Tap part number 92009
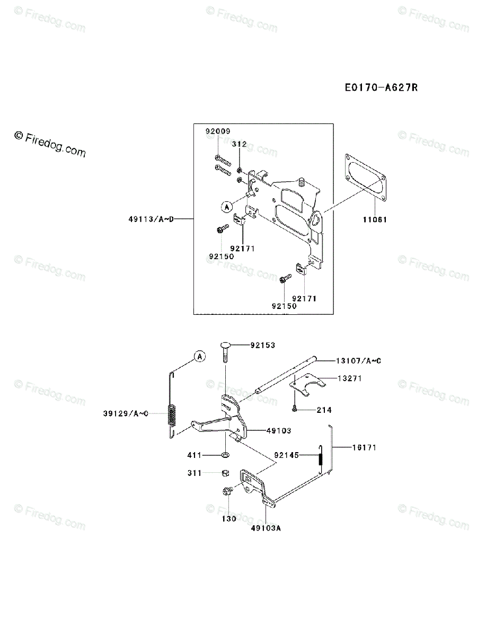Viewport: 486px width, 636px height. pyautogui.click(x=218, y=130)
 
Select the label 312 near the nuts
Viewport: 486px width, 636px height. pyautogui.click(x=240, y=144)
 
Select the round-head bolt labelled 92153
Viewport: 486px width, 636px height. pyautogui.click(x=225, y=349)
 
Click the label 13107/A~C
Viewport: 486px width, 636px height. pyautogui.click(x=358, y=361)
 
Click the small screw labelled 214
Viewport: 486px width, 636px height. pyautogui.click(x=293, y=408)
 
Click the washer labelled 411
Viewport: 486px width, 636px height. pyautogui.click(x=225, y=454)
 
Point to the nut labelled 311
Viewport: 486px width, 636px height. pyautogui.click(x=225, y=472)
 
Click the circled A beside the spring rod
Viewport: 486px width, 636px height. pyautogui.click(x=199, y=357)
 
